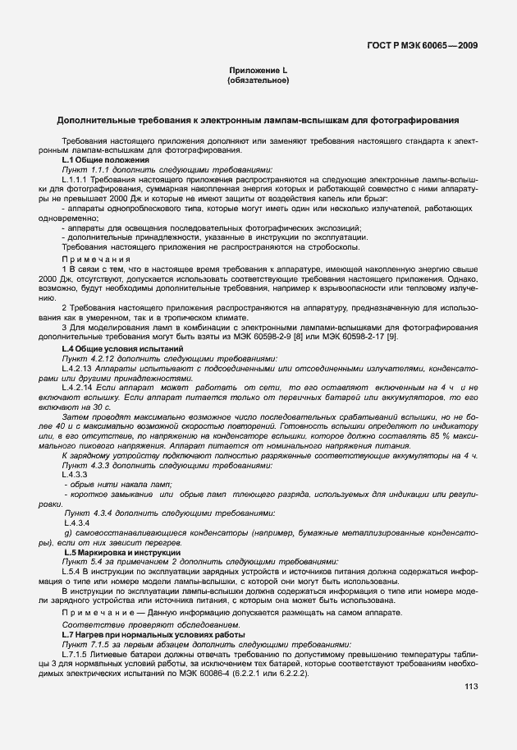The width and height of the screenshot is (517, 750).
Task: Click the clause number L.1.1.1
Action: click(x=75, y=178)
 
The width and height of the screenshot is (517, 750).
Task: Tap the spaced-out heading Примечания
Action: click(x=92, y=260)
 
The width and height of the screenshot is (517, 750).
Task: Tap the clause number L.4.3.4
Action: click(x=75, y=522)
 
